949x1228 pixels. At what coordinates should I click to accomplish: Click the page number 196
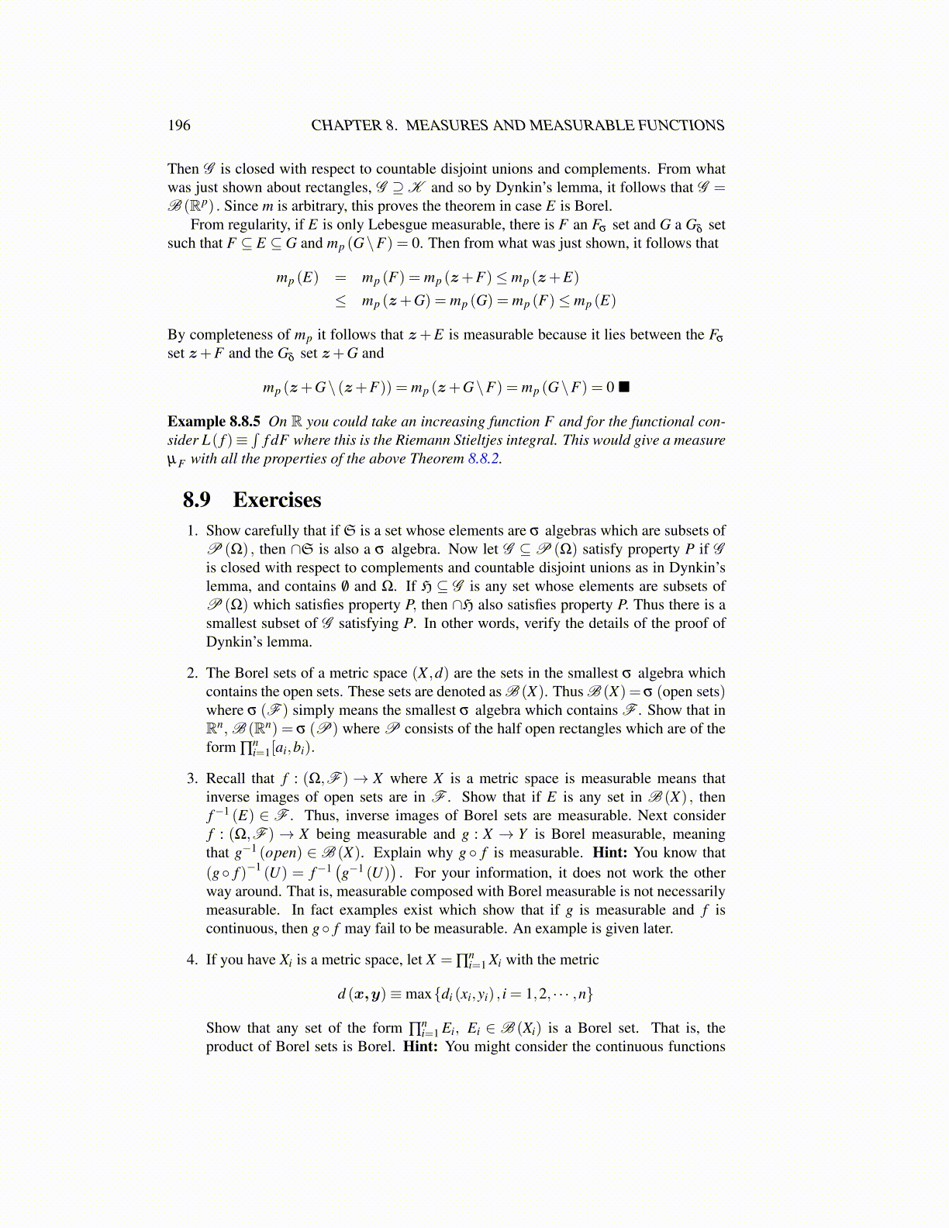click(178, 126)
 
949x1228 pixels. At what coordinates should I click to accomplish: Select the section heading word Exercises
click(277, 500)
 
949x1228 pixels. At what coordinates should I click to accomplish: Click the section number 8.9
click(197, 500)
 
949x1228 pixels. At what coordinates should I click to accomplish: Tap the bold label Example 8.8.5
click(213, 422)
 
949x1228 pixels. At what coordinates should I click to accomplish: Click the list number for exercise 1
click(192, 531)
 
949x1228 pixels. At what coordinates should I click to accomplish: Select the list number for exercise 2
click(192, 674)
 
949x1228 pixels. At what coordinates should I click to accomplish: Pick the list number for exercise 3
click(192, 779)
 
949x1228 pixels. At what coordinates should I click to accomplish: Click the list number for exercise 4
click(192, 961)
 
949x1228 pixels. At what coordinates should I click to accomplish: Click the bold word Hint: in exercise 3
click(609, 853)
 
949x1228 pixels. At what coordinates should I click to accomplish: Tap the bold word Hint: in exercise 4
click(420, 1047)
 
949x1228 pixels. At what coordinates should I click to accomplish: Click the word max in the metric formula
click(418, 994)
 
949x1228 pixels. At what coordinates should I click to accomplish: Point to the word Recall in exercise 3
click(226, 779)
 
